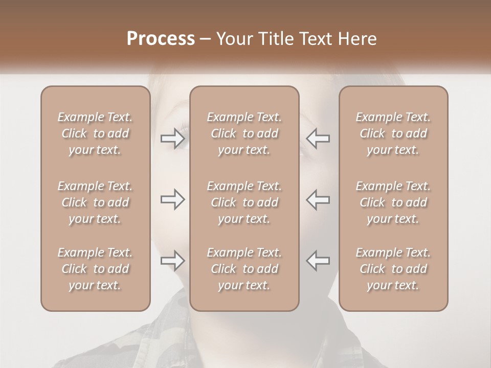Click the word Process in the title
[161, 39]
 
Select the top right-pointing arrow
[172, 139]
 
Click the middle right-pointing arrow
[172, 199]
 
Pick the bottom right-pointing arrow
[172, 261]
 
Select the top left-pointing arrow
[318, 139]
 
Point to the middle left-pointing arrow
[318, 199]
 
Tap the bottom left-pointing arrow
[318, 261]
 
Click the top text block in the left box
[95, 133]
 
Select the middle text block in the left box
[95, 202]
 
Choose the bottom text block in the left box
[95, 269]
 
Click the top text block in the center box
[244, 133]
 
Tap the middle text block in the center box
[244, 202]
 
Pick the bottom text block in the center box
[244, 269]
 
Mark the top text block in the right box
[393, 133]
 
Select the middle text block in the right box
[393, 202]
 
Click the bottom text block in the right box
[393, 269]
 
